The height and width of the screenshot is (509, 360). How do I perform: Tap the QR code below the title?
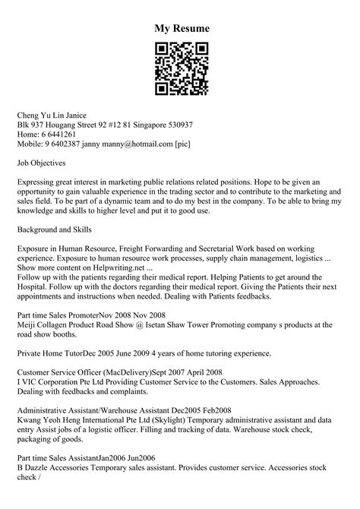(x=179, y=69)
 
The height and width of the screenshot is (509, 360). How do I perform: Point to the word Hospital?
(x=35, y=289)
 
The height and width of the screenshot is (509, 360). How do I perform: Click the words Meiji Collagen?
(x=46, y=325)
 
